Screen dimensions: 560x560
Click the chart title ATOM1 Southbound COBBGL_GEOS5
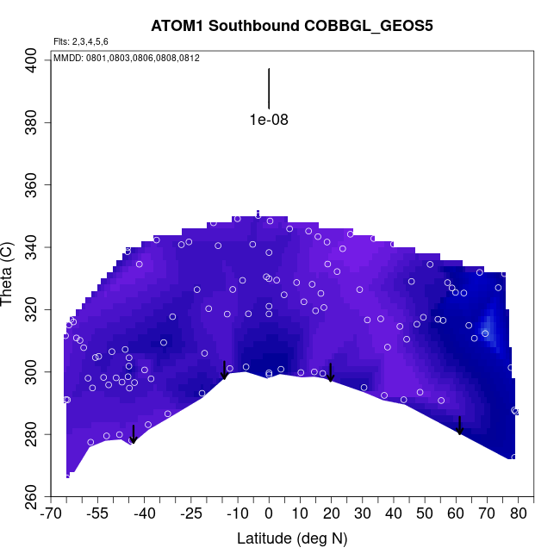(x=291, y=25)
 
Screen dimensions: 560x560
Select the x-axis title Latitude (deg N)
(x=291, y=538)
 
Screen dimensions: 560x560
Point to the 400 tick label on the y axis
(x=37, y=61)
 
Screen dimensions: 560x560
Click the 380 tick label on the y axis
(x=37, y=123)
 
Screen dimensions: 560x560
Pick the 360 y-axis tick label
(x=37, y=185)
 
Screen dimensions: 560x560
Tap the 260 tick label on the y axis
(x=37, y=496)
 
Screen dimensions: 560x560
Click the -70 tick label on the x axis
(x=52, y=514)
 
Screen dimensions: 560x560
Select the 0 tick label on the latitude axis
(x=269, y=514)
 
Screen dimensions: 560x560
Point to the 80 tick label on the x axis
(x=518, y=514)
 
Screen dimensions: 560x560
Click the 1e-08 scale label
(x=269, y=120)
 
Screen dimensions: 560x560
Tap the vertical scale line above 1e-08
(x=269, y=89)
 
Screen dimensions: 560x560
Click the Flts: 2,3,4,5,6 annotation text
(x=81, y=41)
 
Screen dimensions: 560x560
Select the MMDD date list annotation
(x=127, y=58)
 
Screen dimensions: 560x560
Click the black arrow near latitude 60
(x=460, y=426)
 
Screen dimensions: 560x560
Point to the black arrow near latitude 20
(x=330, y=372)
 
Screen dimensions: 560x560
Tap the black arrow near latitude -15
(x=225, y=370)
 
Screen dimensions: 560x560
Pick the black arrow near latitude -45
(x=133, y=434)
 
